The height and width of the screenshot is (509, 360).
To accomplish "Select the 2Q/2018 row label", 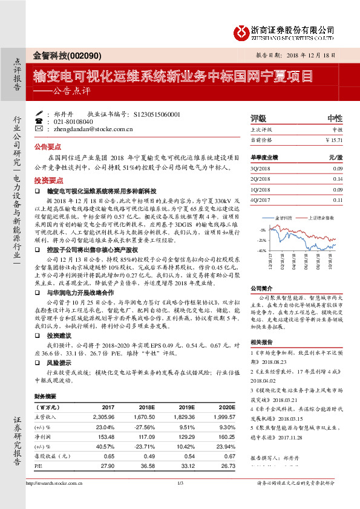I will [260, 179].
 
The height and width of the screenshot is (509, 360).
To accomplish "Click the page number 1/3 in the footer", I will [180, 500].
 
